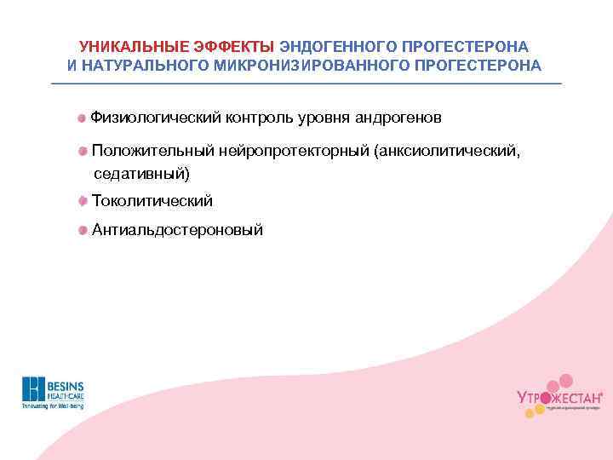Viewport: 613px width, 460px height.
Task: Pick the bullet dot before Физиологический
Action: coord(82,117)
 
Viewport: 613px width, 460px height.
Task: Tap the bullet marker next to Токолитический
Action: coord(82,201)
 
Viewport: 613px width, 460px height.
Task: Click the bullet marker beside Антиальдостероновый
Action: coord(82,230)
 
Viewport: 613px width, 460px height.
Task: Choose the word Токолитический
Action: coord(152,201)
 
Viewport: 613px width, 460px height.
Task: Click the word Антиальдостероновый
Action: coord(177,230)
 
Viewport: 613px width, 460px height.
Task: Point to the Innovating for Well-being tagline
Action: coord(53,407)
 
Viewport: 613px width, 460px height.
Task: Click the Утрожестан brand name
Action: coord(559,397)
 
